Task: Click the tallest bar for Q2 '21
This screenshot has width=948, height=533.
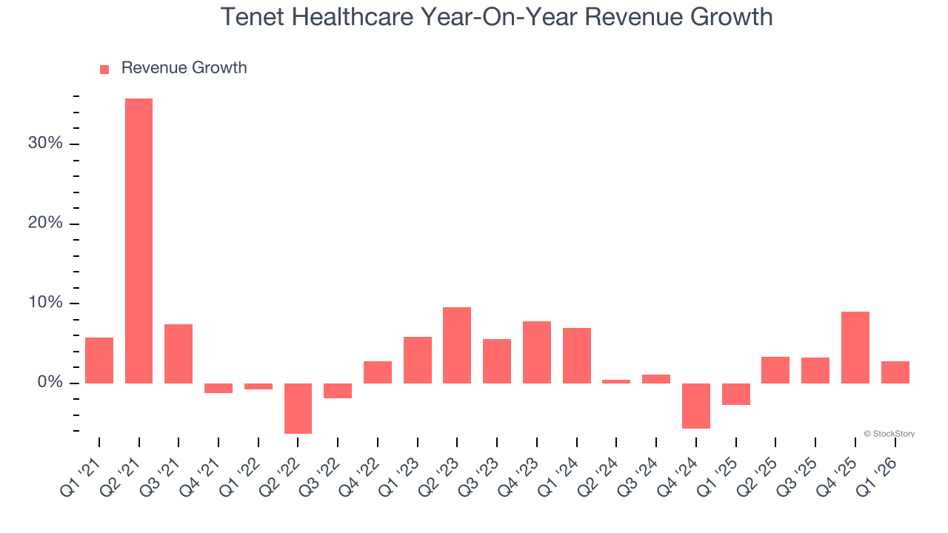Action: pos(138,241)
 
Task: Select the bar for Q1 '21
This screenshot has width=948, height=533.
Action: pos(99,361)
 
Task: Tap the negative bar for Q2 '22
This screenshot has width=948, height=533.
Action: pos(298,408)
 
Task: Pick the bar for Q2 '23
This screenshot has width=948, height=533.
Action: pos(457,345)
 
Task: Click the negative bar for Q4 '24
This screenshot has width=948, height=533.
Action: pos(696,406)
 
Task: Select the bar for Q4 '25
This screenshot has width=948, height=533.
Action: pos(855,347)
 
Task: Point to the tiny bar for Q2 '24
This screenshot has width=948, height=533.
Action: pos(616,381)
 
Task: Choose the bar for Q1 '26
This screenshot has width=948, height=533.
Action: pos(895,372)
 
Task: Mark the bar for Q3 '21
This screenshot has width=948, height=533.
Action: pos(178,354)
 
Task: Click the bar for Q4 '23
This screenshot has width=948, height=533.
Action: pos(536,352)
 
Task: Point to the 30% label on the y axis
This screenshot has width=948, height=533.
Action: pos(45,144)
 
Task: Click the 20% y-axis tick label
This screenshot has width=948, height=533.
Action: pos(45,224)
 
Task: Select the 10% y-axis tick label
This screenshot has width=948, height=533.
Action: pos(45,303)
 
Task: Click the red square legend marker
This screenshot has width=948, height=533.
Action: pos(104,70)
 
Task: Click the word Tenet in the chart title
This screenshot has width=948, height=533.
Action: pos(251,17)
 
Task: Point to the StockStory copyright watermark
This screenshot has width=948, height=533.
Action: pos(889,434)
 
